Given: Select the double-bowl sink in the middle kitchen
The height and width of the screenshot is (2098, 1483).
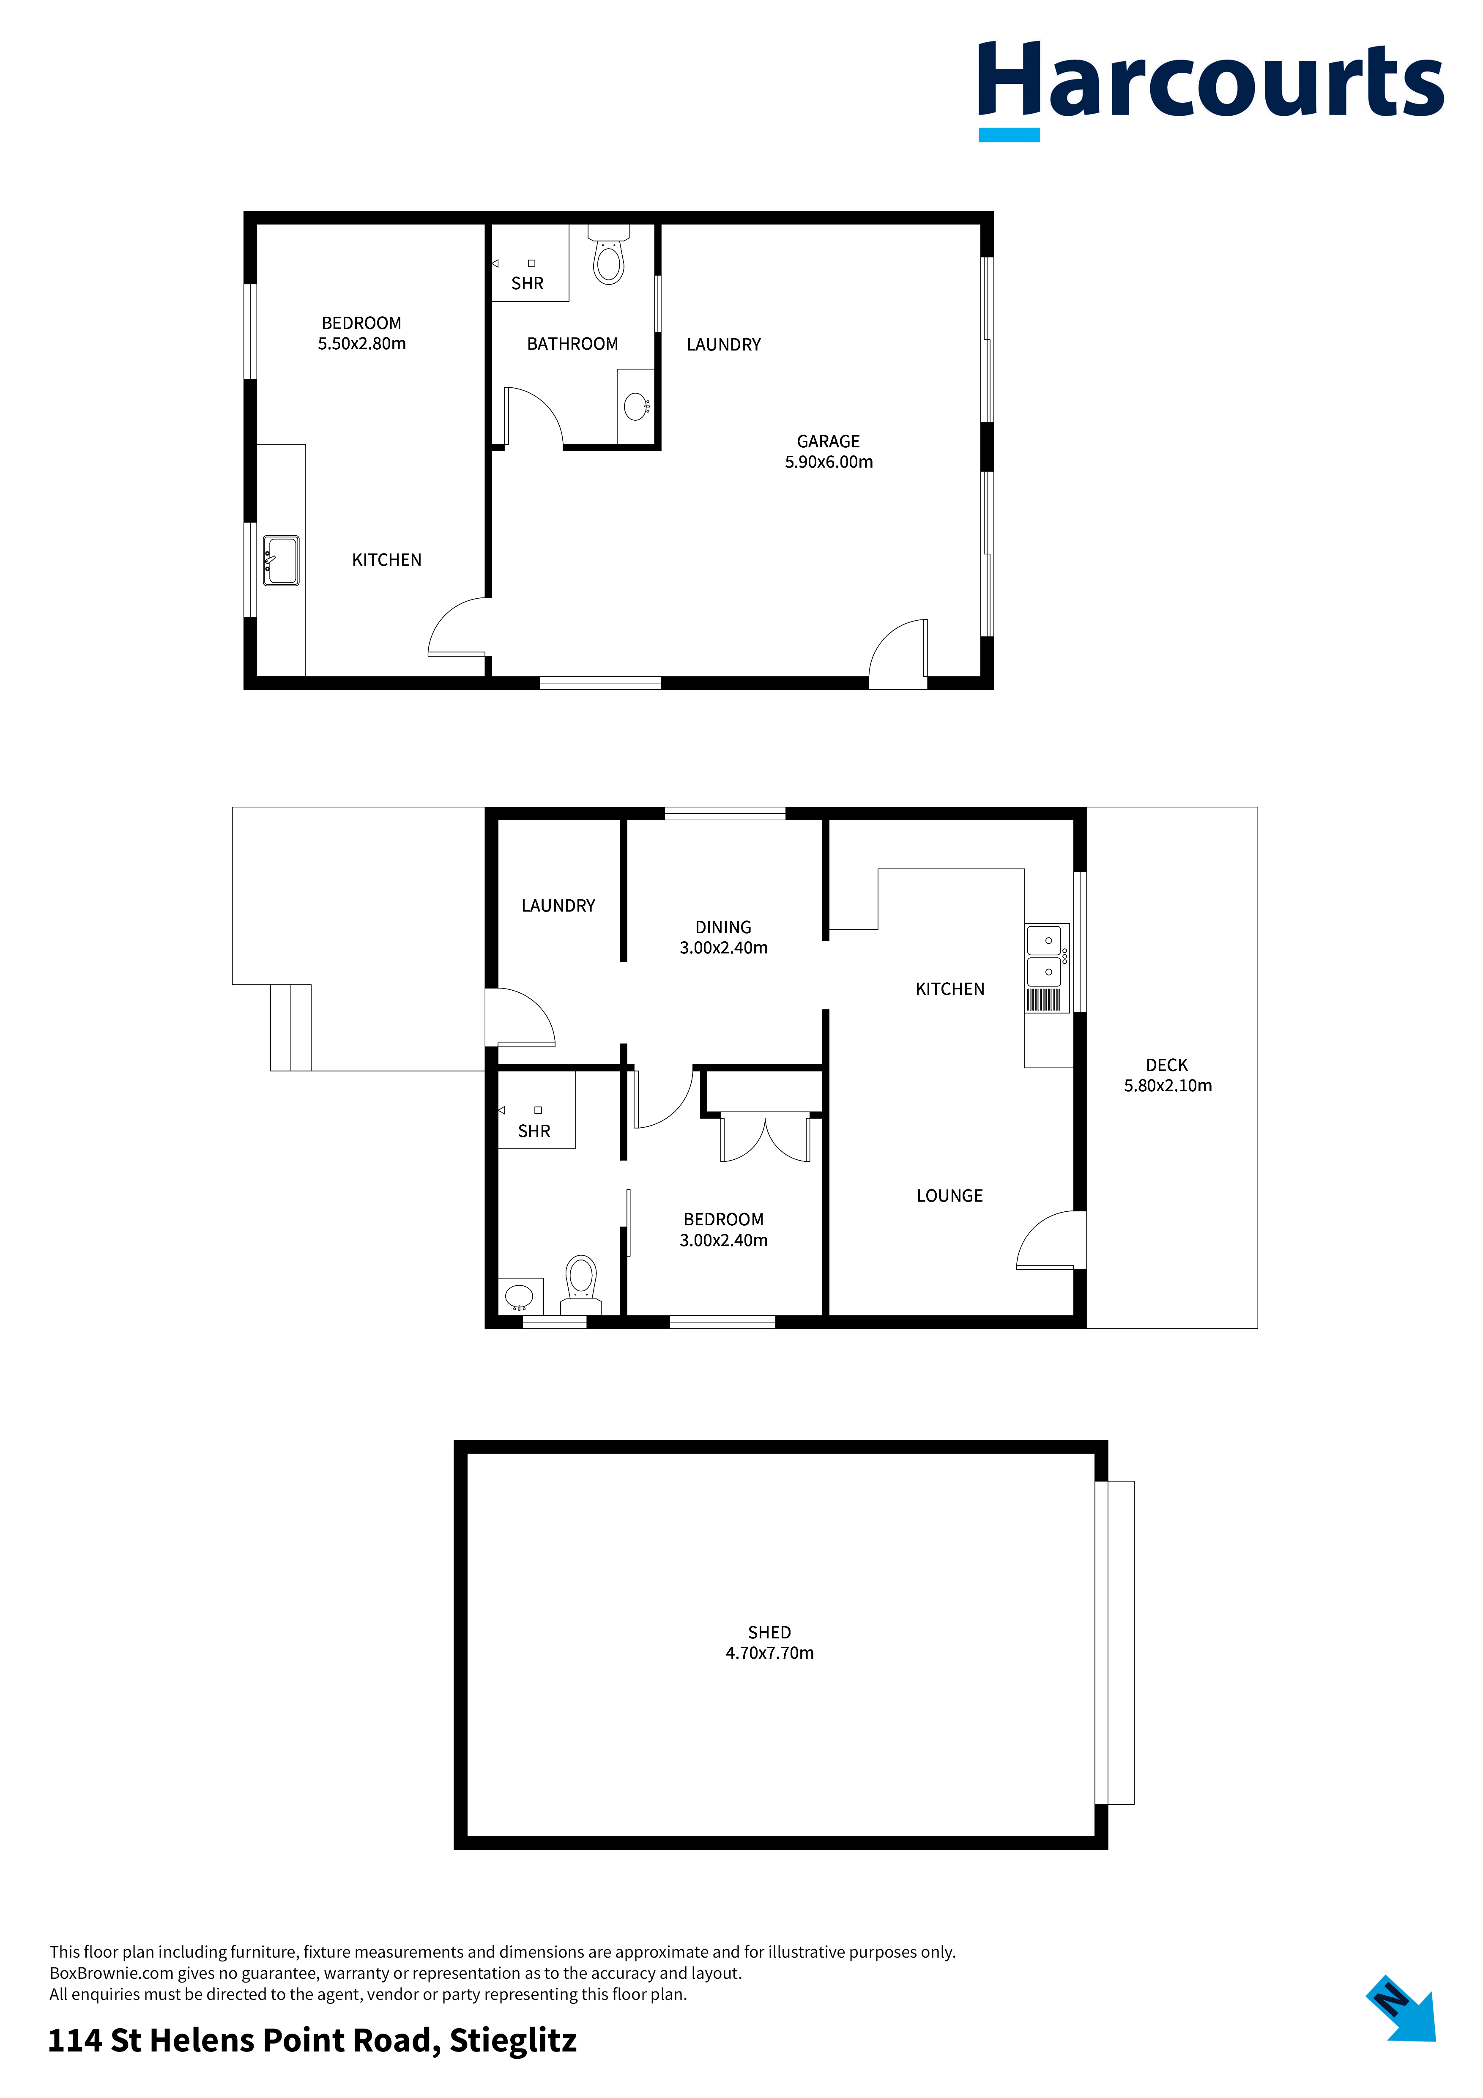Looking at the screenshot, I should point(1045,955).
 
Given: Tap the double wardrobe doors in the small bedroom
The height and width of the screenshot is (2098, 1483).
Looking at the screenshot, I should point(765,1138).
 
